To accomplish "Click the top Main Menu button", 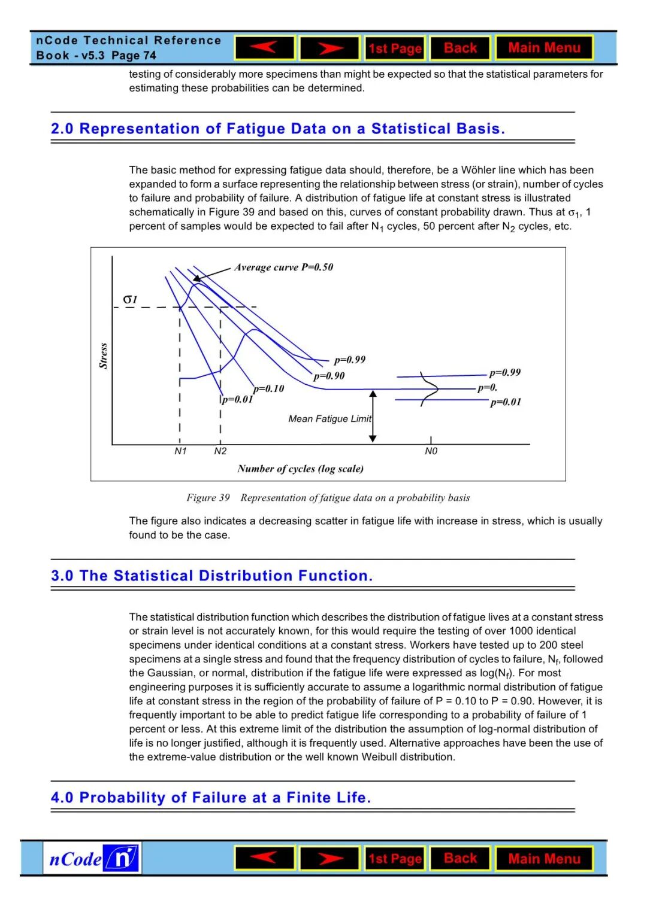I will point(544,48).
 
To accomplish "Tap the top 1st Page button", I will point(395,48).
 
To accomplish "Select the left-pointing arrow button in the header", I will point(265,48).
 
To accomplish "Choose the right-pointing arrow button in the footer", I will point(329,859).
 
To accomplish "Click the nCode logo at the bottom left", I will point(92,858).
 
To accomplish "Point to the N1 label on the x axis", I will point(180,451).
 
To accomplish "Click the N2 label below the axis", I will point(220,451).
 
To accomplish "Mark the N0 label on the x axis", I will point(431,451).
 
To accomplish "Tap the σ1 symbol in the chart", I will point(130,299).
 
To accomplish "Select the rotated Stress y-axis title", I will point(103,355).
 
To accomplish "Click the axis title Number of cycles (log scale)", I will point(300,469).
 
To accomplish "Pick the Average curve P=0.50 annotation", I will point(283,267).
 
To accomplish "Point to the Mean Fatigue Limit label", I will point(329,419).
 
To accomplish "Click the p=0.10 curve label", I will point(268,388).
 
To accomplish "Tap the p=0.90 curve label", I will point(329,376).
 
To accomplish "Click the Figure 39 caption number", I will point(208,497).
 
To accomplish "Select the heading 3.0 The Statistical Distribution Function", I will point(211,576).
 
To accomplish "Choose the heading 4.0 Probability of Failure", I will point(211,798).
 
